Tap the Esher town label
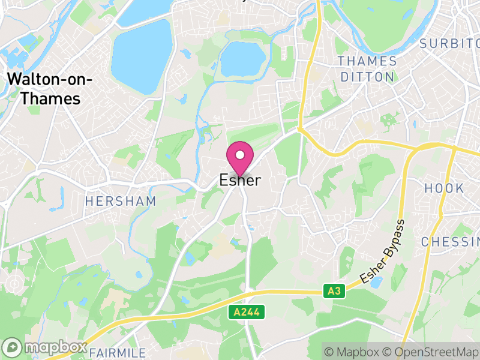(240, 180)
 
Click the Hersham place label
(120, 202)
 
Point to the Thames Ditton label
(367, 69)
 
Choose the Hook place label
(445, 188)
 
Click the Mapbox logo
(46, 347)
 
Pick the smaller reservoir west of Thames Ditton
(242, 59)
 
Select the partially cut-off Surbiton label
(450, 43)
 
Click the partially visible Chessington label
(450, 242)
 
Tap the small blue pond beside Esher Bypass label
(376, 283)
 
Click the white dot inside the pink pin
(240, 155)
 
